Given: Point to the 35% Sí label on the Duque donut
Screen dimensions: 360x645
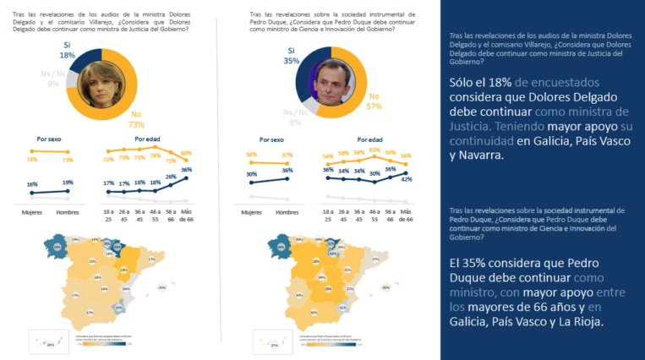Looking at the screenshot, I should tap(290, 56).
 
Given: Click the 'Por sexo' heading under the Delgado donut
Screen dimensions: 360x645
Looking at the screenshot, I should tap(48, 138).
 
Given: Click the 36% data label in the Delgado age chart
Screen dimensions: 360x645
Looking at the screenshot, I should tap(186, 170).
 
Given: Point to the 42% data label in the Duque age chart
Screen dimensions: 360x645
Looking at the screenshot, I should tap(407, 178).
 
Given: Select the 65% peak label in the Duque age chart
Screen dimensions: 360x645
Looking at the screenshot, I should tap(374, 150).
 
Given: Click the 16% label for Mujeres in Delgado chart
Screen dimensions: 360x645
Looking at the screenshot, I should tap(32, 183).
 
